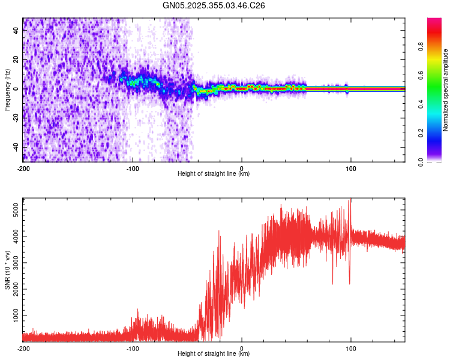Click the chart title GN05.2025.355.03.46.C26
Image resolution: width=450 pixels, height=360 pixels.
214,5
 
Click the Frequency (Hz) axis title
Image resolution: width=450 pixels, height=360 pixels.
7,89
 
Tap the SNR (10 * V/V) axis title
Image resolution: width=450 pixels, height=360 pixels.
7,269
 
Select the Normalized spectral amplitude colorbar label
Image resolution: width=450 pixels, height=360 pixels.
445,90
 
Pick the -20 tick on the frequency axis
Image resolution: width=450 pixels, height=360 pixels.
16,118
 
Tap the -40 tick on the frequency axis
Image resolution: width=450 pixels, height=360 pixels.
16,147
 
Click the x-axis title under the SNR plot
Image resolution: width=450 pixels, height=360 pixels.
214,353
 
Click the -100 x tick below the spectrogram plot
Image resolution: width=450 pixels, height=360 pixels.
133,168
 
